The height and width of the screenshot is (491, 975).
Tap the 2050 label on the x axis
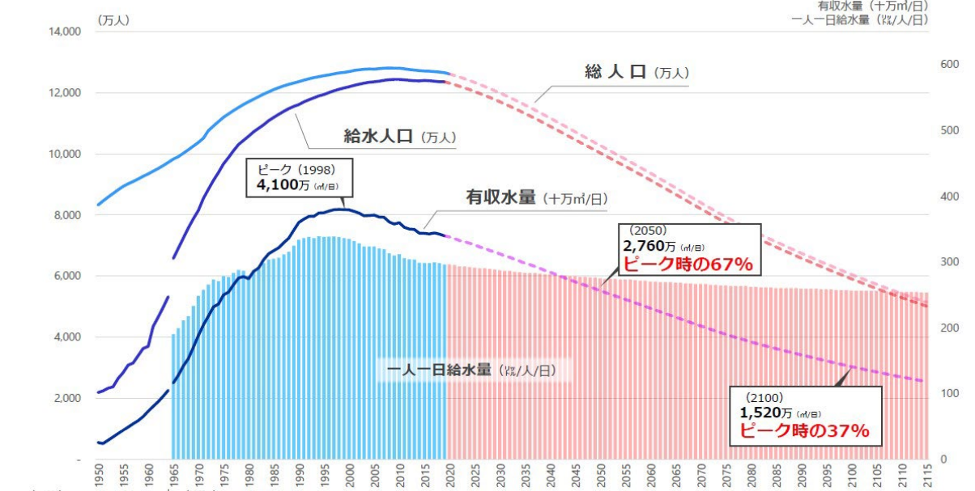601,476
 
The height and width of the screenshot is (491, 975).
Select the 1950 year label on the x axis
100,476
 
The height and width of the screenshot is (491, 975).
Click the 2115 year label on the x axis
927,476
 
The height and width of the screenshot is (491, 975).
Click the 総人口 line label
615,73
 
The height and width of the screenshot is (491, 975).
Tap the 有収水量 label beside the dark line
500,197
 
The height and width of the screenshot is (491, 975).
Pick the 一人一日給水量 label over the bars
439,370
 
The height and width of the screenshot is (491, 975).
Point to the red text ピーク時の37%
804,431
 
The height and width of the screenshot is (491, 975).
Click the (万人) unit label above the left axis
113,19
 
